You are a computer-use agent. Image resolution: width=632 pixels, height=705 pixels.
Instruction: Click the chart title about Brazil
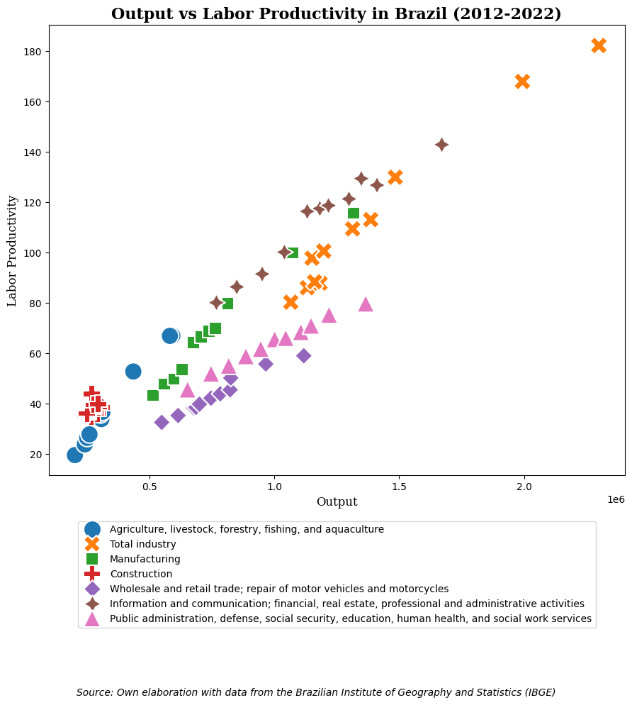(x=336, y=14)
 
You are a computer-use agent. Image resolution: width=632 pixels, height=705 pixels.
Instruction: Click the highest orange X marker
(x=599, y=45)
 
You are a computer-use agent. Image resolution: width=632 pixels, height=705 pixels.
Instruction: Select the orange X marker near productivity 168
(x=522, y=82)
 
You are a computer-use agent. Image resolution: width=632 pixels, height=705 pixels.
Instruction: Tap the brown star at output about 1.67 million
(x=441, y=145)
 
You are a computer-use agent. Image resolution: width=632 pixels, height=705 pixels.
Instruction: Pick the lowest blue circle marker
(x=74, y=455)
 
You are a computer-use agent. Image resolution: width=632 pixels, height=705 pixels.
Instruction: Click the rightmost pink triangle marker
(x=366, y=304)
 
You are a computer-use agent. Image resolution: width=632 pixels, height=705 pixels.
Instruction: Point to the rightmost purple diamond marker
(x=303, y=355)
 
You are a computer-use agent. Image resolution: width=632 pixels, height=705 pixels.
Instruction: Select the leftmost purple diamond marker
(x=162, y=422)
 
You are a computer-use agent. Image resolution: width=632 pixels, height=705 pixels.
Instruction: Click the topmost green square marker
(x=354, y=213)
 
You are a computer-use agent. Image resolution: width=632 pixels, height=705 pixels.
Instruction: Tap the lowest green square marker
(x=153, y=395)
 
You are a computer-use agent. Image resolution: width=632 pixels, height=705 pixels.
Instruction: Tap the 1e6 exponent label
(x=615, y=499)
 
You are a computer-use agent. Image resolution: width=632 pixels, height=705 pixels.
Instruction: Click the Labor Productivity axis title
(x=13, y=250)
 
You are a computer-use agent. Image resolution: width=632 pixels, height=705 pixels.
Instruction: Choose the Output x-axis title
(x=337, y=502)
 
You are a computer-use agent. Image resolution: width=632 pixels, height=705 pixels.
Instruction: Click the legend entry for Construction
(x=141, y=574)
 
